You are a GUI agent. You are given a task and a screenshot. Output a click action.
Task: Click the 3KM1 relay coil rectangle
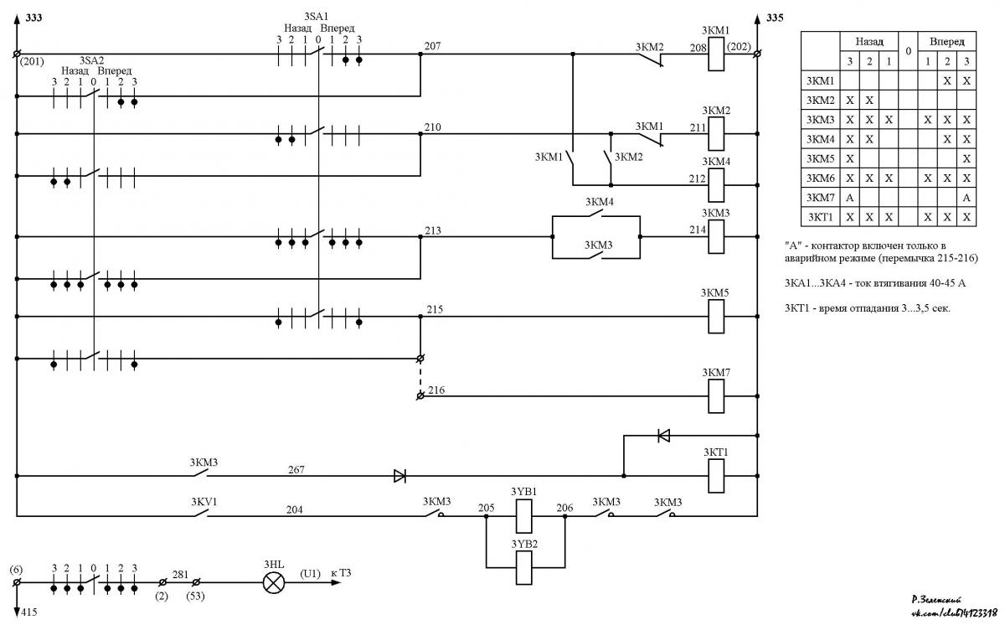716,54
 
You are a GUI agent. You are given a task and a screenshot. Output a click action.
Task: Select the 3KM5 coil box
716,317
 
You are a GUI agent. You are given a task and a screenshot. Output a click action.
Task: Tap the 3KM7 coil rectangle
716,396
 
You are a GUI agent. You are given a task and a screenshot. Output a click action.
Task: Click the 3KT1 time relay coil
716,476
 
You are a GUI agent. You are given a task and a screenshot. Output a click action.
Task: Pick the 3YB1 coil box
524,516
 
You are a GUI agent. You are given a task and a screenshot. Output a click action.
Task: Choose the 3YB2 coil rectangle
524,568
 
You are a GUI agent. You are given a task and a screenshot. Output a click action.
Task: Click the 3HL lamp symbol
274,583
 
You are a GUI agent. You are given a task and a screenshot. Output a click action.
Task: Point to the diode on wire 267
399,476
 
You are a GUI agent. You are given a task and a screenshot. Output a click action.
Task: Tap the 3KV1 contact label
204,502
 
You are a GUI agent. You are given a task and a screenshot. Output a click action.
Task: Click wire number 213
433,230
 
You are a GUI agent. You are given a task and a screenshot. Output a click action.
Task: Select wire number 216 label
436,390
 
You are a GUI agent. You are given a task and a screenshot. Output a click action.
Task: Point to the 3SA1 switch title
317,17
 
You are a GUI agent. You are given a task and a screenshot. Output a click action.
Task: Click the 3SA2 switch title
92,60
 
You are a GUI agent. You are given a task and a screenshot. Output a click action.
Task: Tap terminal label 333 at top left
33,18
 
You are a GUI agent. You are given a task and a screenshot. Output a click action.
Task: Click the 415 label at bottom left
29,612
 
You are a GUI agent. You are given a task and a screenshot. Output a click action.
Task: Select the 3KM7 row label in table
820,198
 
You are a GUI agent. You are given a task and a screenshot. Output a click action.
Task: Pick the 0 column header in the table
908,51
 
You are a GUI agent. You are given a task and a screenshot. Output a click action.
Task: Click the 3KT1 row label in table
820,217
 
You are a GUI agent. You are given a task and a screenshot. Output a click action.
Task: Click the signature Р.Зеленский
937,600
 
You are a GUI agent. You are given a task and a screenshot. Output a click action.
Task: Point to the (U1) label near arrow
311,573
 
